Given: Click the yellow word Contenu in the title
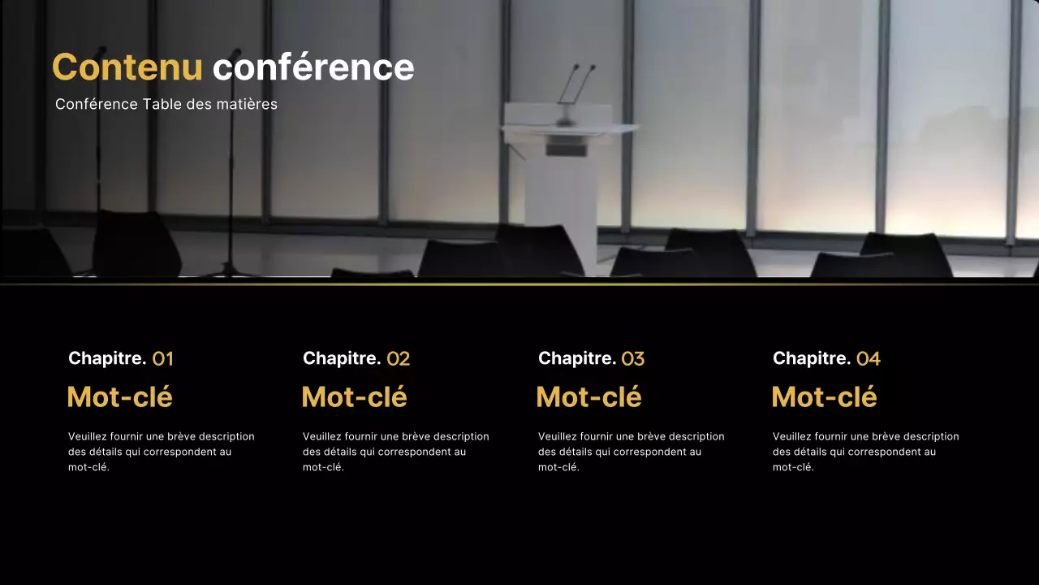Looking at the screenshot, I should [x=127, y=67].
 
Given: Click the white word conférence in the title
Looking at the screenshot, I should [x=313, y=67].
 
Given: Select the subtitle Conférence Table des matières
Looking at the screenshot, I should [x=166, y=104].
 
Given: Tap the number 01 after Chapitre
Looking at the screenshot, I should [x=162, y=358].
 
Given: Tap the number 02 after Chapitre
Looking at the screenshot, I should [x=398, y=358].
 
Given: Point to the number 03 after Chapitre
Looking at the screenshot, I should [x=632, y=358].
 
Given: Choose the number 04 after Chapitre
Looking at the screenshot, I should [x=868, y=358].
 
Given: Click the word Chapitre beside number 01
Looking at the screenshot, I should [x=107, y=358].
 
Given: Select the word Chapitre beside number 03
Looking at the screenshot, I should [x=577, y=358].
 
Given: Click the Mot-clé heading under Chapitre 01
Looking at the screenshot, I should [x=119, y=397].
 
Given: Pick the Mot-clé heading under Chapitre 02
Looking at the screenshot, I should [x=354, y=397].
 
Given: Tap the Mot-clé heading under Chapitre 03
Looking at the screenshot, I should [x=588, y=397].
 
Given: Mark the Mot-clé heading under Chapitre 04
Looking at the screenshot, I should [x=824, y=397].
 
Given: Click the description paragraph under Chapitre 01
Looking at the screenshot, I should [x=161, y=452].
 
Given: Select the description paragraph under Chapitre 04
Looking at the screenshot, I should [x=865, y=452].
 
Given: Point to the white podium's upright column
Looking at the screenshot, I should [x=560, y=203].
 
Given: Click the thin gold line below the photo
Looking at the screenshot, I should [x=519, y=284].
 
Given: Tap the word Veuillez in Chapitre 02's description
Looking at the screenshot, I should [x=322, y=436].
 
